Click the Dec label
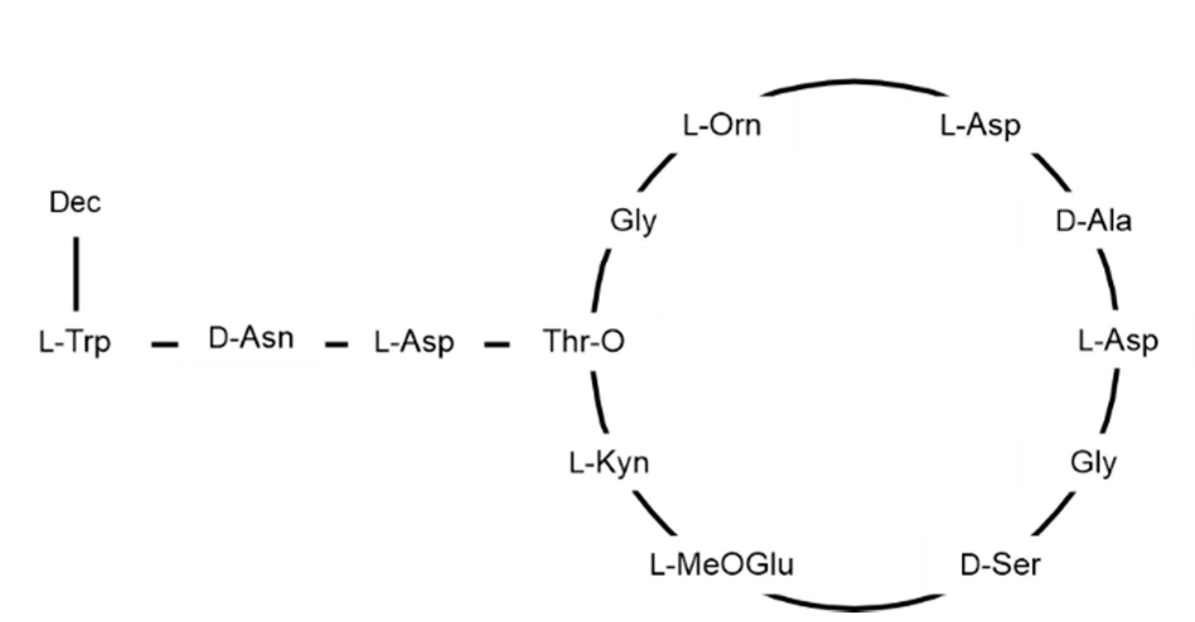point(75,202)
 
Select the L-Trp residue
point(75,342)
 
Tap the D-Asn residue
point(251,339)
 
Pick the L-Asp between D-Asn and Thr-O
point(414,342)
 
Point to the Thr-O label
point(584,341)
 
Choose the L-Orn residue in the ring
point(722,126)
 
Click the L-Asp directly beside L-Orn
point(980,126)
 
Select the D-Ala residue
point(1094,221)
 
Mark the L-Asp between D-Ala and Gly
point(1118,341)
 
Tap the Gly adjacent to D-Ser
point(1094,463)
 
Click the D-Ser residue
point(1000,565)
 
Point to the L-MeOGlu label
point(722,565)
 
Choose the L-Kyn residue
point(609,463)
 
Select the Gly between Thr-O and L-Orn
point(633,221)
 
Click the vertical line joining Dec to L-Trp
point(77,274)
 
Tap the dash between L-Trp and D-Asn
point(165,344)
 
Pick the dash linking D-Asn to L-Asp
point(337,344)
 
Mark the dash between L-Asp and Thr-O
point(497,344)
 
